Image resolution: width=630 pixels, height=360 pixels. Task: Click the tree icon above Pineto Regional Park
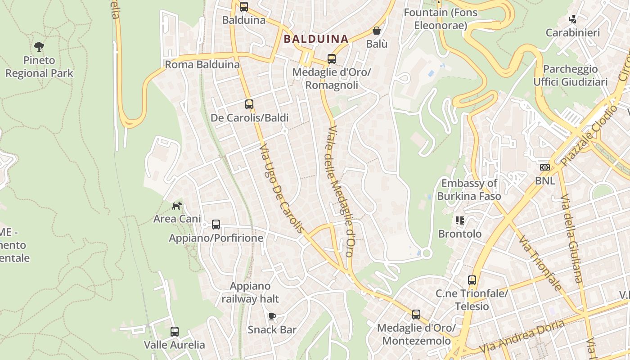(x=39, y=46)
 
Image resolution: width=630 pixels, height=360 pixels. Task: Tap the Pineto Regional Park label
(x=39, y=67)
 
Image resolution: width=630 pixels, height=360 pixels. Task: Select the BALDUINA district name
(x=316, y=39)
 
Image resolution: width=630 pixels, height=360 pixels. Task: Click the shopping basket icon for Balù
(x=376, y=31)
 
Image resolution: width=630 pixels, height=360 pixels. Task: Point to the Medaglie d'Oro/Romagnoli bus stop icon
(x=332, y=59)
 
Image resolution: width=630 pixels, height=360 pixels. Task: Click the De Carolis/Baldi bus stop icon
(x=249, y=104)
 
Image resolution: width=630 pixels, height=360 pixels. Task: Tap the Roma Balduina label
(x=202, y=64)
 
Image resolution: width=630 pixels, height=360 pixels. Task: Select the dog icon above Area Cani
(x=177, y=206)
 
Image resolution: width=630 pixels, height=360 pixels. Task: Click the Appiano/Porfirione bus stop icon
(x=216, y=224)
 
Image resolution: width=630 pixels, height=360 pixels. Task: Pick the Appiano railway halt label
(x=250, y=292)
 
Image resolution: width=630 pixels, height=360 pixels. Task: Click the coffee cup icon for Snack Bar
(x=272, y=316)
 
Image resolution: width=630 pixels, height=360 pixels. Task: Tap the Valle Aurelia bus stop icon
(x=175, y=332)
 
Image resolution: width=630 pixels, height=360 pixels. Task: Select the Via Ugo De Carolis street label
(x=282, y=188)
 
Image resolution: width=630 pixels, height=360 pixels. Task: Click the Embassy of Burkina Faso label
(x=469, y=189)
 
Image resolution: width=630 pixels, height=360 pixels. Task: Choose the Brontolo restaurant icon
(x=460, y=220)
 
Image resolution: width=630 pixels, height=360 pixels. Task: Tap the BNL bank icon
(x=545, y=167)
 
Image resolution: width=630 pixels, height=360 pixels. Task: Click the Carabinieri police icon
(x=572, y=19)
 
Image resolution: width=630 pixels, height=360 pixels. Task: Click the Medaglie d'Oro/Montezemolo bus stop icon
(x=416, y=315)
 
